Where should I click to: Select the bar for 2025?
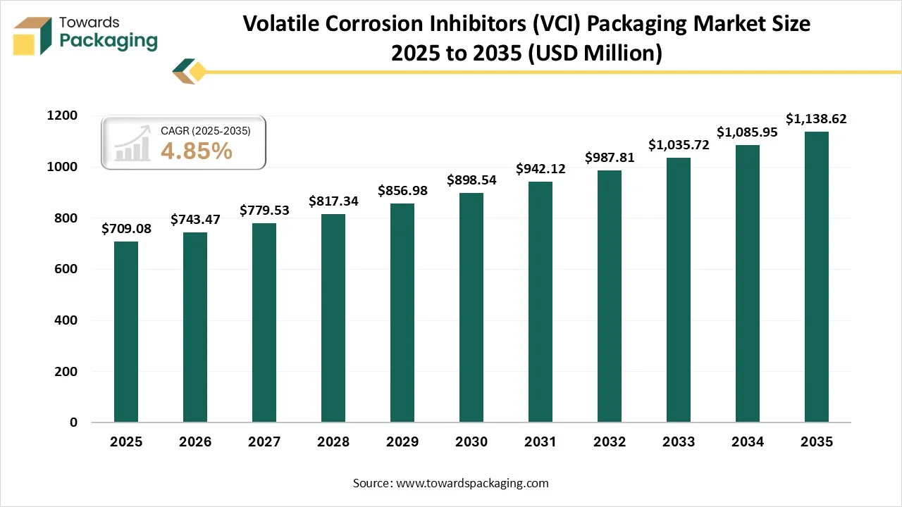point(126,332)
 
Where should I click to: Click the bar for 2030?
point(471,308)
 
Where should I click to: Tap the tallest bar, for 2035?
point(817,277)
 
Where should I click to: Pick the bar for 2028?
point(333,318)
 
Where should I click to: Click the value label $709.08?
point(126,230)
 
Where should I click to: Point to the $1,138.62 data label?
point(817,119)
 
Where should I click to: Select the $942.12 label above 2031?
point(540,169)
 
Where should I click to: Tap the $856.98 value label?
point(402,191)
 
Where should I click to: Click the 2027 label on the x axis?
point(264,442)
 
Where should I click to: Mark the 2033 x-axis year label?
point(679,442)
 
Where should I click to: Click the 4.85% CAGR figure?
point(197,151)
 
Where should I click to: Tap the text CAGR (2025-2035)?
point(205,130)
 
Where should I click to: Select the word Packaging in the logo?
point(109,41)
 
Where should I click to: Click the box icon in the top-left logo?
point(32,35)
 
